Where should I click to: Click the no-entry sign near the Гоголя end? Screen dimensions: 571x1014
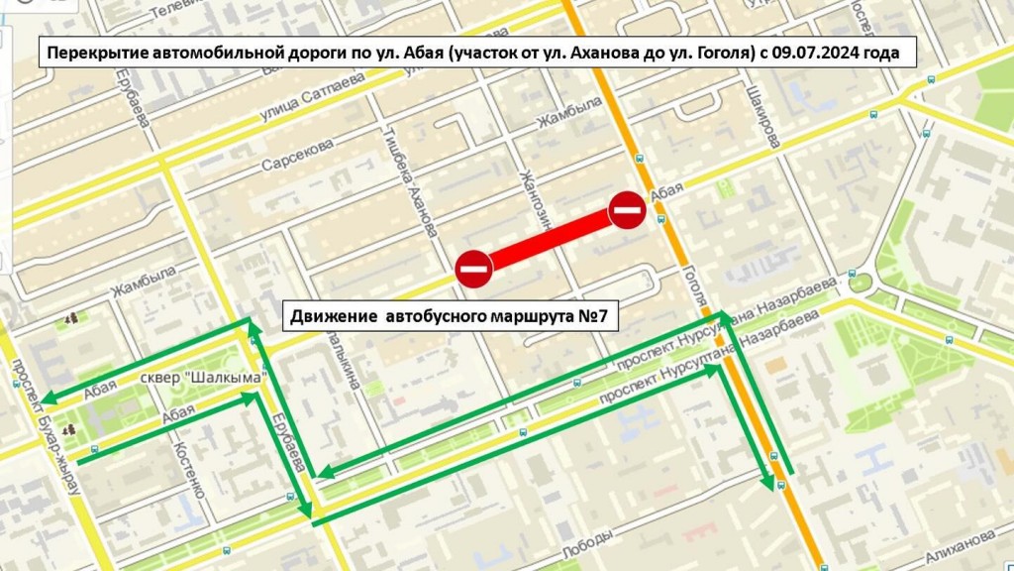[627, 209]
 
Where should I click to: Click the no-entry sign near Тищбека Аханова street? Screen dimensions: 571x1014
[474, 269]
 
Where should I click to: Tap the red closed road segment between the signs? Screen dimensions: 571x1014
[551, 239]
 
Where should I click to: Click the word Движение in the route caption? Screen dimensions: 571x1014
[332, 317]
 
